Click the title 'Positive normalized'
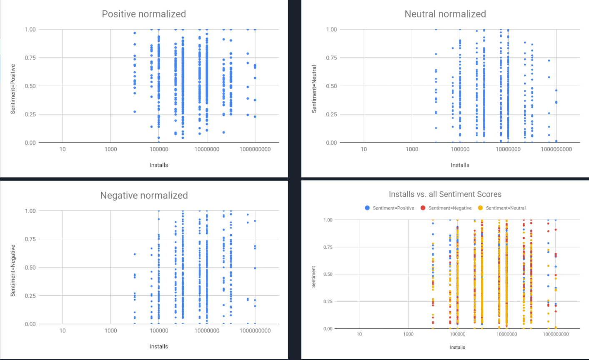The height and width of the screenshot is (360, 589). (x=144, y=14)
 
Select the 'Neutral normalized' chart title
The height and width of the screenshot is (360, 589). (x=445, y=14)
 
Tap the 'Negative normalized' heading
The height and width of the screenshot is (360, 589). (x=144, y=195)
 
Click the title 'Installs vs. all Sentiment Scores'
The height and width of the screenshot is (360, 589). (x=445, y=194)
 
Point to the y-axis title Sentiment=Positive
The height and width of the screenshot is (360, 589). (x=13, y=89)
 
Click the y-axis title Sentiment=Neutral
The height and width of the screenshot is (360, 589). (x=314, y=89)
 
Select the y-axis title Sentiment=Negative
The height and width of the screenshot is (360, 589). (x=13, y=270)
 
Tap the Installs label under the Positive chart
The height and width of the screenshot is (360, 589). (x=159, y=165)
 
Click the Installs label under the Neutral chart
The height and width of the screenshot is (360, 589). (x=460, y=165)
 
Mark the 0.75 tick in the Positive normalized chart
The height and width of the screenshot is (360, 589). (x=30, y=57)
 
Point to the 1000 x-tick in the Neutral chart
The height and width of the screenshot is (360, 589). (x=412, y=149)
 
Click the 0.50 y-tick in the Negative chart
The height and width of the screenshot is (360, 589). (x=30, y=267)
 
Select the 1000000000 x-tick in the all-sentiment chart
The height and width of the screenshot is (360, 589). (x=556, y=334)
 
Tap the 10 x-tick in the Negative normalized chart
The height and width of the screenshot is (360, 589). (x=63, y=331)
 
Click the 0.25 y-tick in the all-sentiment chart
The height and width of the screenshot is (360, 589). (x=328, y=302)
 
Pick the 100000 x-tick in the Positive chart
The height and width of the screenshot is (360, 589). (x=159, y=149)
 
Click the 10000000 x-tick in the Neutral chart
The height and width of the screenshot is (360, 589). (x=508, y=149)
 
